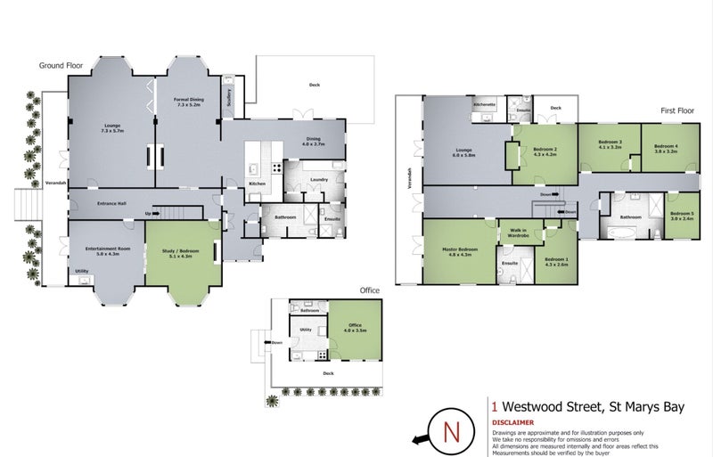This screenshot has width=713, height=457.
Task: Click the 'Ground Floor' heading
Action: [x=60, y=65]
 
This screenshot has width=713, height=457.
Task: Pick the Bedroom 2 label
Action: [x=545, y=150]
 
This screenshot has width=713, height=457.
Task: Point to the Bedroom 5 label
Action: [x=681, y=214]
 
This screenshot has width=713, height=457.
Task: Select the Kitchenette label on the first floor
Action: [x=484, y=105]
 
